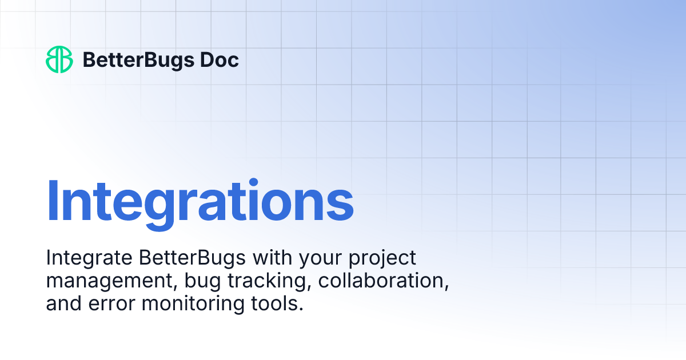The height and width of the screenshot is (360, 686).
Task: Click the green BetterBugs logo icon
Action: pyautogui.click(x=59, y=59)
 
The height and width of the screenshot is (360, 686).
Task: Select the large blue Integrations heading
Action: pyautogui.click(x=200, y=200)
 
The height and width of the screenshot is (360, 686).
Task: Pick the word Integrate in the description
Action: pyautogui.click(x=89, y=258)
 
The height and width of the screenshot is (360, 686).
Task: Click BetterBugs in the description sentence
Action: pyautogui.click(x=192, y=258)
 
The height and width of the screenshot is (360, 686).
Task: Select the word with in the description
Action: pyautogui.click(x=273, y=258)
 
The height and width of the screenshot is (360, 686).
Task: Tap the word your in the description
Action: pyautogui.click(x=320, y=259)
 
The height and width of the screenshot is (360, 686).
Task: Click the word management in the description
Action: pyautogui.click(x=101, y=282)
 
